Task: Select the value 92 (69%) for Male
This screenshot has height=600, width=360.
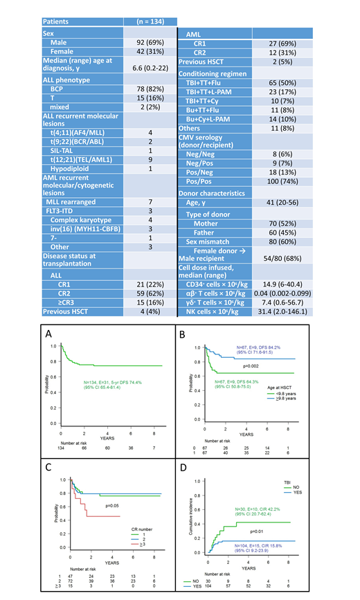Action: (149, 42)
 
